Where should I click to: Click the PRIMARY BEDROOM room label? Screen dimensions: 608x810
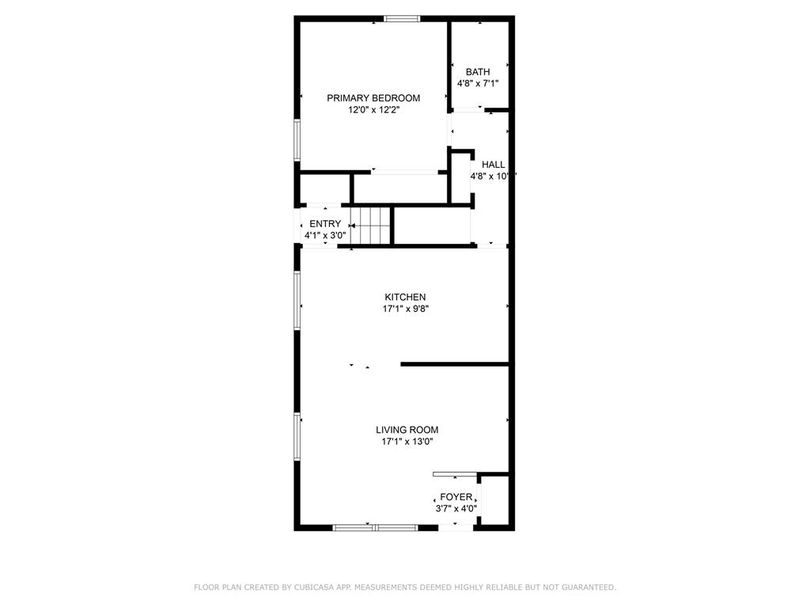(x=373, y=98)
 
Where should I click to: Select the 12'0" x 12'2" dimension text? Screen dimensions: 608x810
(x=373, y=111)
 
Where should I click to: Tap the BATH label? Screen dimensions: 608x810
(x=477, y=72)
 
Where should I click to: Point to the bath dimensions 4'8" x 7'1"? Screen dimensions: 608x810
(x=477, y=83)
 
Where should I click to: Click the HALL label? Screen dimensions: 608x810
(x=493, y=165)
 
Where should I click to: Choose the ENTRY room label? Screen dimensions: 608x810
(x=325, y=224)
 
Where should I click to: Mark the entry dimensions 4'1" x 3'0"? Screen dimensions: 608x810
(x=325, y=236)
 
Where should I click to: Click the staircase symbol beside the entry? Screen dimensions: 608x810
(x=373, y=226)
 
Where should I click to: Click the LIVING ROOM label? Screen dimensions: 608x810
(x=407, y=430)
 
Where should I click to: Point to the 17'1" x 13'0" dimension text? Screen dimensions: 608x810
(x=407, y=443)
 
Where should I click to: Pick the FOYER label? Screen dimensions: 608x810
(x=456, y=497)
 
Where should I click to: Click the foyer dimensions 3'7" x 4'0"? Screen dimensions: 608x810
(x=456, y=509)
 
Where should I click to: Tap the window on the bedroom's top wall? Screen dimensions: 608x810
(x=402, y=19)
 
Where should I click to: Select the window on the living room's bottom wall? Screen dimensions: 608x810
(x=375, y=526)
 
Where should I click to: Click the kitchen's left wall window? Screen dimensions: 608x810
(x=297, y=300)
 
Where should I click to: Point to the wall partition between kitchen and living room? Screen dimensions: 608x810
(x=454, y=364)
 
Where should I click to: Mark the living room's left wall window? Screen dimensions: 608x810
(x=297, y=436)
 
